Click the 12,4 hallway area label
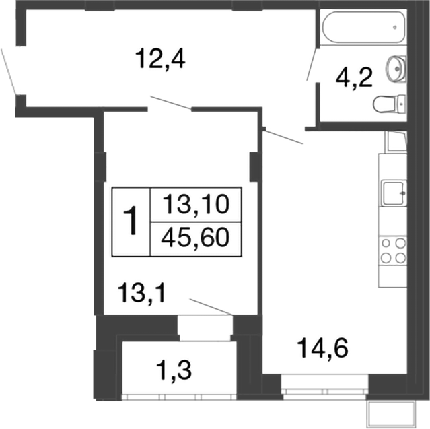pyautogui.click(x=159, y=59)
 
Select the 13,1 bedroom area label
pyautogui.click(x=141, y=293)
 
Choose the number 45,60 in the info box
pyautogui.click(x=196, y=237)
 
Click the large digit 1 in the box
pyautogui.click(x=132, y=221)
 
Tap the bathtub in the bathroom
pyautogui.click(x=363, y=28)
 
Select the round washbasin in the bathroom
pyautogui.click(x=395, y=67)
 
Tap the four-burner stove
pyautogui.click(x=394, y=250)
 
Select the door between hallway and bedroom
pyautogui.click(x=171, y=104)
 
